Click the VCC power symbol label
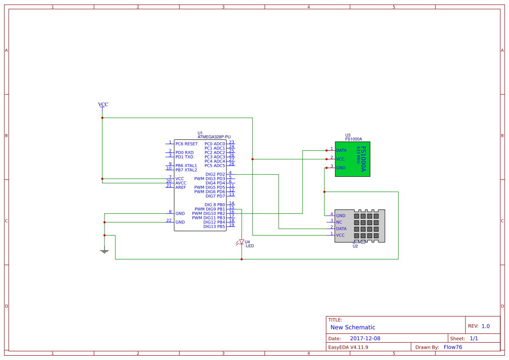pyautogui.click(x=103, y=104)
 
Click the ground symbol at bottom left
pyautogui.click(x=104, y=251)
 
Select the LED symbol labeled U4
pyautogui.click(x=242, y=242)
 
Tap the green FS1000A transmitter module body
pyautogui.click(x=353, y=159)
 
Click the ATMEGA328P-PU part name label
pyautogui.click(x=214, y=137)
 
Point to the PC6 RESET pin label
pyautogui.click(x=186, y=144)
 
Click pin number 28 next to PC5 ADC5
pyautogui.click(x=232, y=164)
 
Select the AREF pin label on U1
pyautogui.click(x=181, y=187)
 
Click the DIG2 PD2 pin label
pyautogui.click(x=215, y=174)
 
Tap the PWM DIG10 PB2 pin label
pyautogui.click(x=209, y=213)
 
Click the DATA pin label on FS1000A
pyautogui.click(x=341, y=150)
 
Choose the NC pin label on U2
pyautogui.click(x=339, y=222)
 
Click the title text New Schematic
pyautogui.click(x=353, y=327)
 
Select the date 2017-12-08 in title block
pyautogui.click(x=365, y=338)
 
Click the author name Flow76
pyautogui.click(x=453, y=347)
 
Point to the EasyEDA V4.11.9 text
pyautogui.click(x=348, y=347)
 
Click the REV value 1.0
pyautogui.click(x=485, y=326)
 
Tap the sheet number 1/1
pyautogui.click(x=474, y=338)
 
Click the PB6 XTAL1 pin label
pyautogui.click(x=186, y=165)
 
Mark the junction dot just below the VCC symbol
pyautogui.click(x=102, y=118)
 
